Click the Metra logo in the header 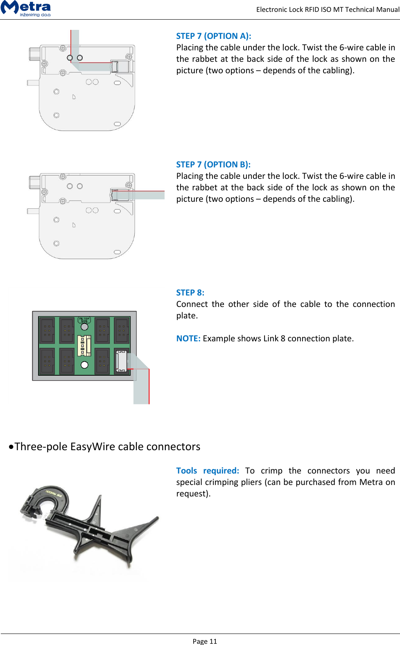coord(26,8)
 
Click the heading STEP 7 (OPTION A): coord(213,36)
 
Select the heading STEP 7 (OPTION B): coord(213,165)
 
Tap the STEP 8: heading coord(190,293)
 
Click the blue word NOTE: coord(188,338)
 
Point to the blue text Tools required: coord(208,471)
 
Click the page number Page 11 coord(204,641)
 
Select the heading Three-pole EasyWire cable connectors coord(107,447)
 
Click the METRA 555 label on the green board coord(84,320)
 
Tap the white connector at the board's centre coord(84,345)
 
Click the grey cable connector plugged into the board coord(121,361)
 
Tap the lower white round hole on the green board coord(84,365)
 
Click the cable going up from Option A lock coord(75,39)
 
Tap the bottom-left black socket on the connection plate coord(47,361)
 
